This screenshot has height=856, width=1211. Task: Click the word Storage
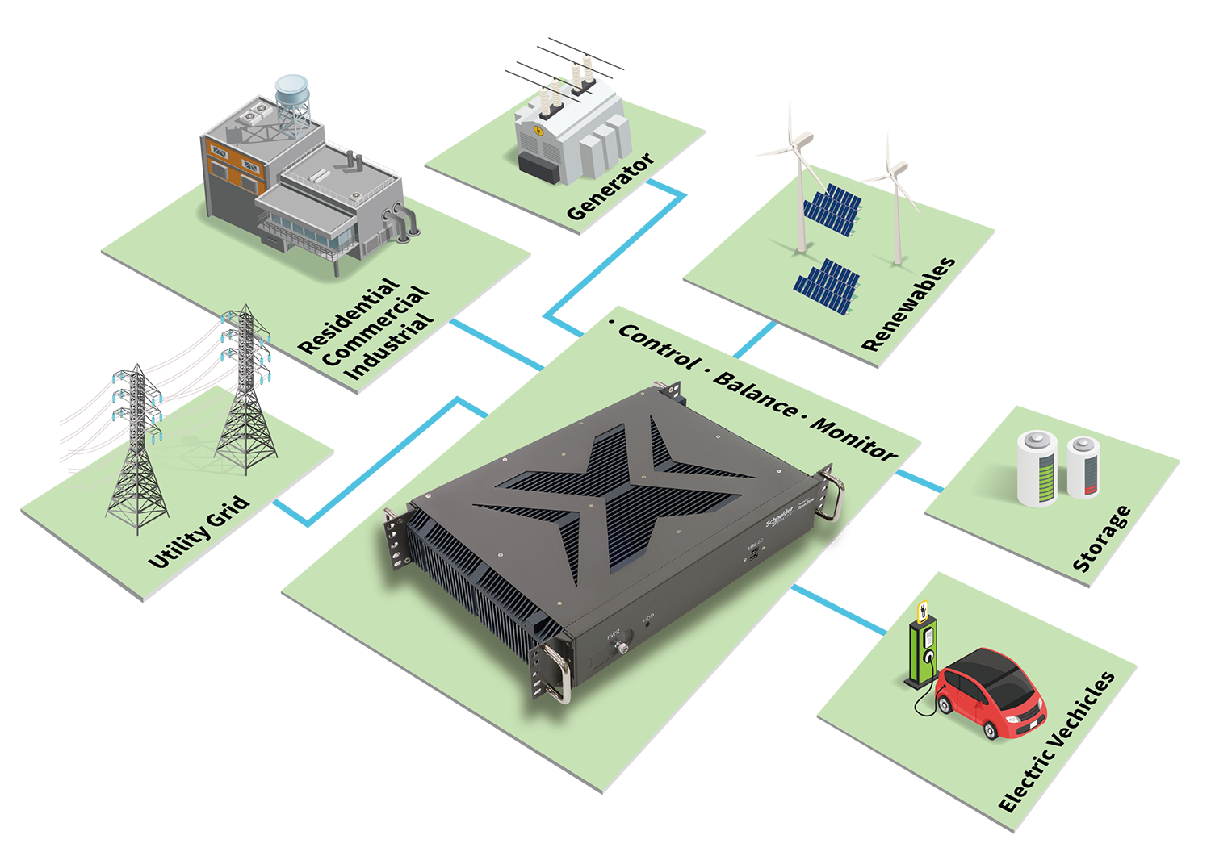coord(1101,539)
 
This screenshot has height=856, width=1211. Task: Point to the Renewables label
coord(908,304)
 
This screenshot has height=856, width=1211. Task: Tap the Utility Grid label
coord(199,533)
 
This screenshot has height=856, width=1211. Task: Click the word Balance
coord(756,395)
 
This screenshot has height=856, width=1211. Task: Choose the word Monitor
coord(853,440)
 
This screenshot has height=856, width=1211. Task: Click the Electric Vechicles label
coord(1057,741)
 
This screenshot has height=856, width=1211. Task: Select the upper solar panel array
coord(832,210)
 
